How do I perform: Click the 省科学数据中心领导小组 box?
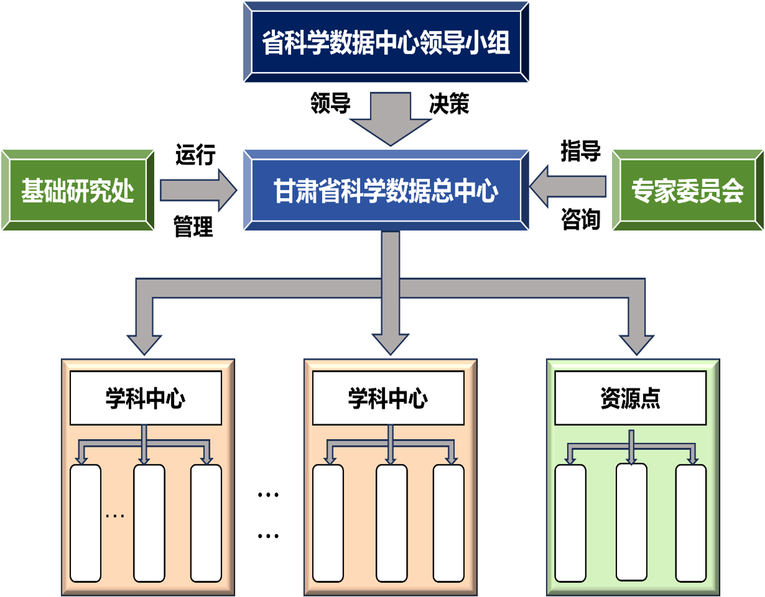click(386, 42)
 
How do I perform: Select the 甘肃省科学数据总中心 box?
click(386, 190)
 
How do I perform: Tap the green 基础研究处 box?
click(78, 190)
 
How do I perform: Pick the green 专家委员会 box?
click(687, 190)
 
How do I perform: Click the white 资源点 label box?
click(630, 399)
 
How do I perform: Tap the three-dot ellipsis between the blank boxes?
click(115, 516)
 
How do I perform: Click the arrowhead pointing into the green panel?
click(636, 343)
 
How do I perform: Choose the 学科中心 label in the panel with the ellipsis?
click(145, 399)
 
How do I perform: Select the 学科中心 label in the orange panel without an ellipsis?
click(387, 399)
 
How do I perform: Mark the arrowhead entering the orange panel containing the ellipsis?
click(144, 343)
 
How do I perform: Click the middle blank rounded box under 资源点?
click(631, 521)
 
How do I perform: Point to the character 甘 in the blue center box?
click(284, 191)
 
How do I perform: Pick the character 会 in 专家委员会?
click(733, 191)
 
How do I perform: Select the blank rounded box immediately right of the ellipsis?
click(149, 522)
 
